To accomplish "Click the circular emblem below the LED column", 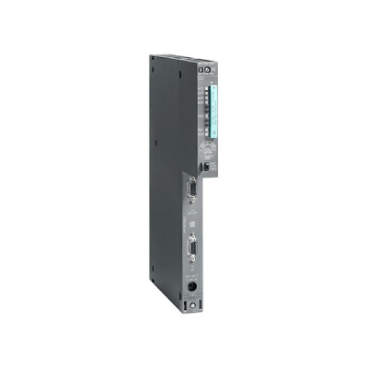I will click(x=208, y=147).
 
